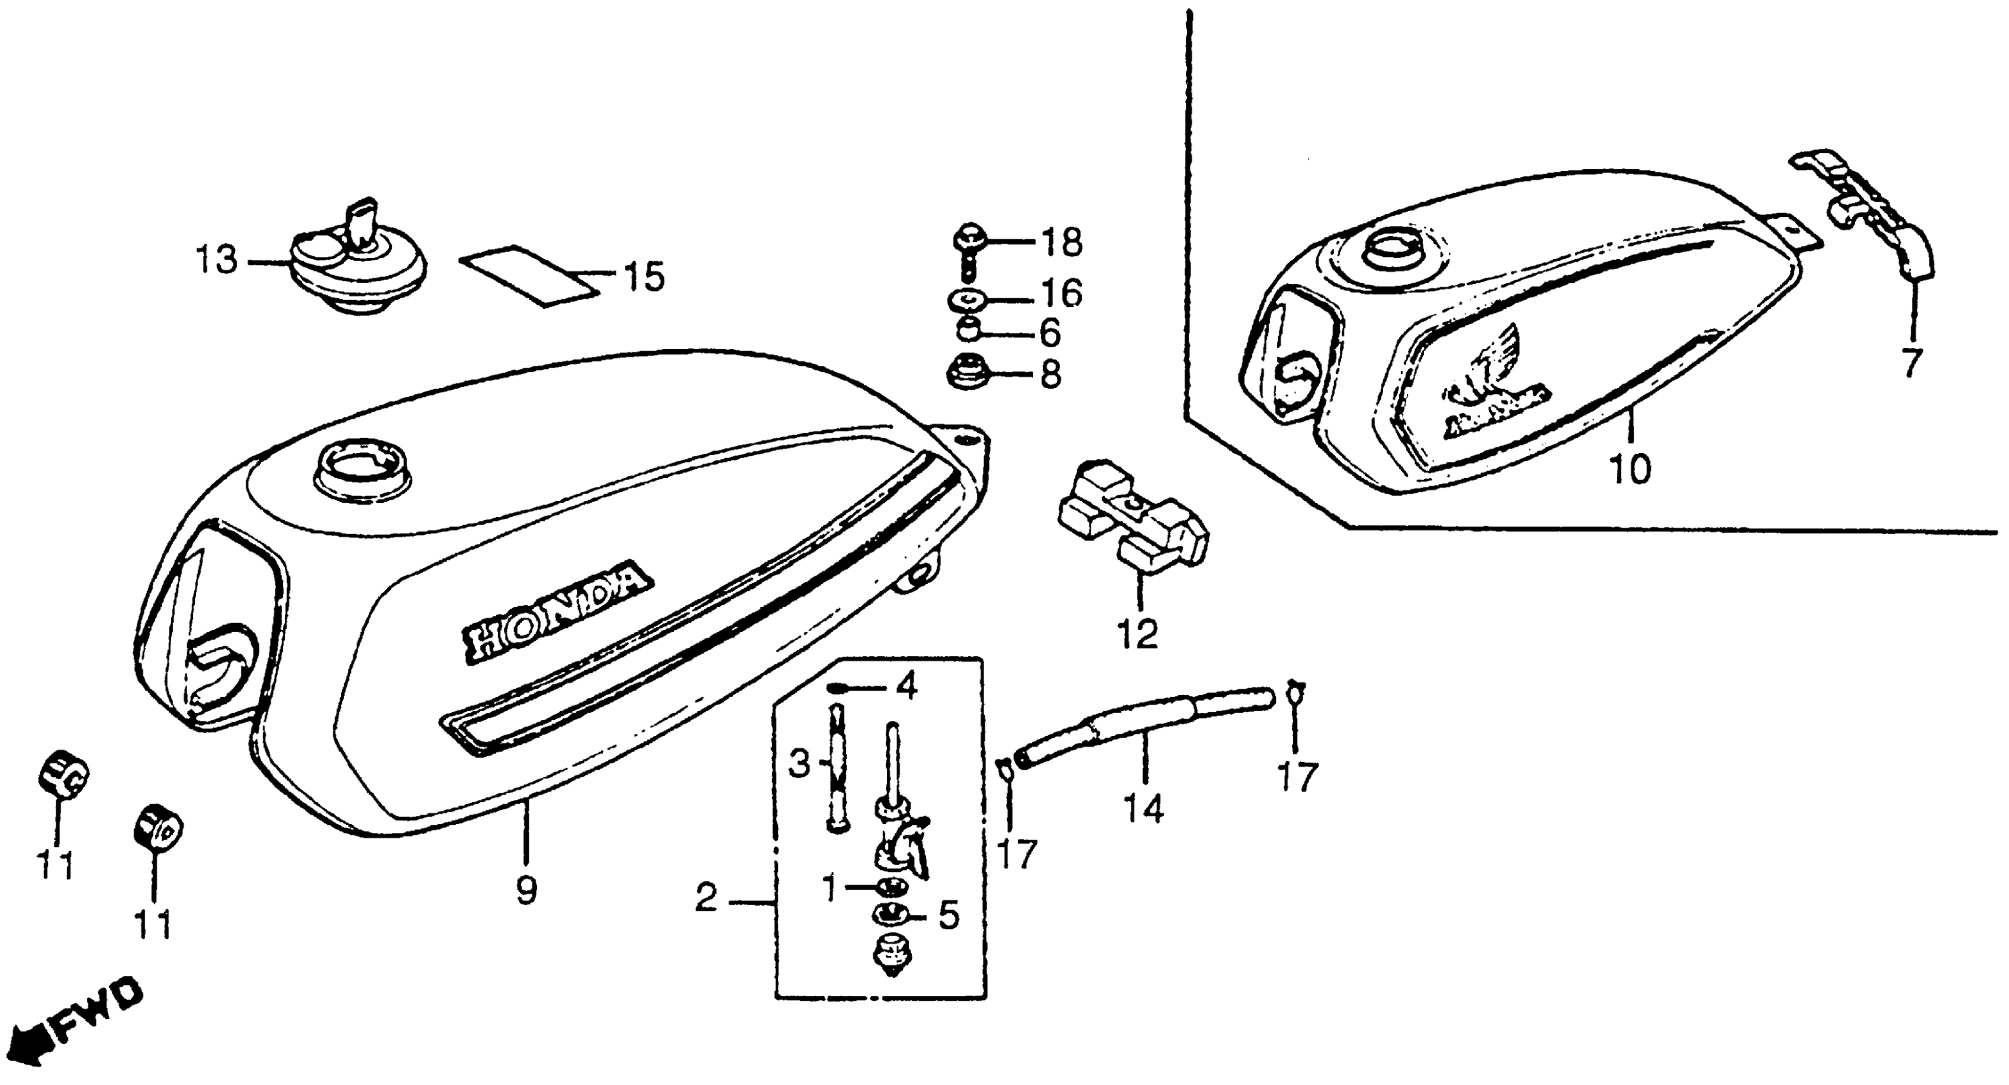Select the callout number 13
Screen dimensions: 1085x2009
(215, 260)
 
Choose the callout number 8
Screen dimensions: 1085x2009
(1050, 375)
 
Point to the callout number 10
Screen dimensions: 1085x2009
(1630, 470)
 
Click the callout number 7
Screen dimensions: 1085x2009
(1909, 363)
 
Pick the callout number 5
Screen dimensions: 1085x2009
(948, 917)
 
